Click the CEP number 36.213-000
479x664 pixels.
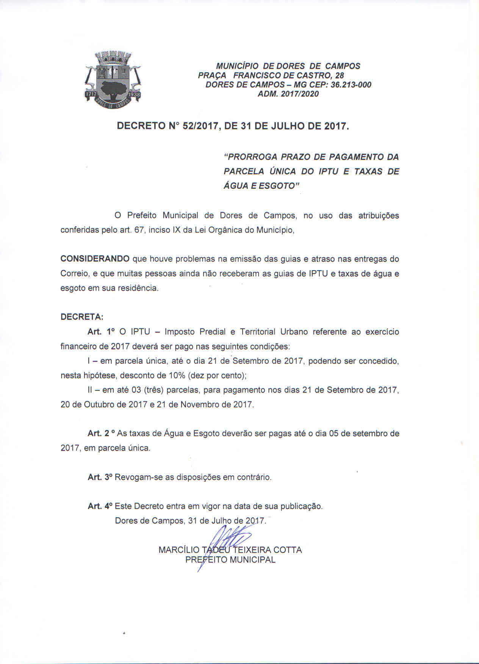[351, 85]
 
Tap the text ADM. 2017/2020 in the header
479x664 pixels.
[288, 94]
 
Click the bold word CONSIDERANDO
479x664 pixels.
[95, 259]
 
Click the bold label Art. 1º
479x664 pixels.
[101, 332]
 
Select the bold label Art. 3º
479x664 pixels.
[100, 477]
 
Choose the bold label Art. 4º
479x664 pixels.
[100, 506]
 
